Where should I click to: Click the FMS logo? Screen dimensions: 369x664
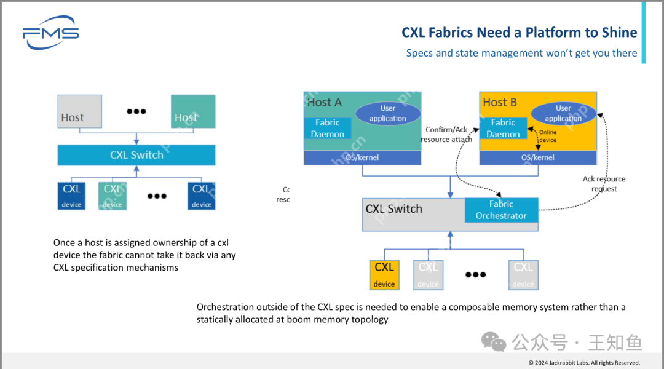click(x=50, y=34)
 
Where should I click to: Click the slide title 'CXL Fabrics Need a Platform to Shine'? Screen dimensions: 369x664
click(x=519, y=33)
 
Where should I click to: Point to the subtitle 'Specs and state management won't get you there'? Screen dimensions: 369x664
click(x=521, y=53)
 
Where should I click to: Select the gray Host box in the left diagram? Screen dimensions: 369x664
click(x=79, y=111)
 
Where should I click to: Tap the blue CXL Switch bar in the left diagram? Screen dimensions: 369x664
click(x=136, y=155)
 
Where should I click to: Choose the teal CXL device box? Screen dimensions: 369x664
click(x=113, y=196)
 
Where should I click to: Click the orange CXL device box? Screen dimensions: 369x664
click(x=384, y=274)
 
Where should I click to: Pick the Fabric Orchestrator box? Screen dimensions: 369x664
click(x=501, y=210)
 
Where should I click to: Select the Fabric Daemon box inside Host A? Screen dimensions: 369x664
click(x=328, y=128)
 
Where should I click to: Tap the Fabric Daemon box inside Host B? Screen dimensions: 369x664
click(x=503, y=128)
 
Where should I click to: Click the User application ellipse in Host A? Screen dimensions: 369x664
click(x=388, y=113)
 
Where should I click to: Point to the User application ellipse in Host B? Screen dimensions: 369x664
click(x=563, y=113)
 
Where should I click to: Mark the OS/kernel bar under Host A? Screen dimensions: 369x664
click(x=362, y=157)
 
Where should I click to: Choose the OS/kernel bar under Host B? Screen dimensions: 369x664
click(x=538, y=157)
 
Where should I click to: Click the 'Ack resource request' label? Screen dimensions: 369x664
click(x=604, y=184)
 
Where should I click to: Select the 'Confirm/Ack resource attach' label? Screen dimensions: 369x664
click(x=446, y=135)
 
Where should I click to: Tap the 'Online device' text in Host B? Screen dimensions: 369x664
click(x=548, y=136)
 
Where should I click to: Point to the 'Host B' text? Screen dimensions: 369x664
click(x=500, y=103)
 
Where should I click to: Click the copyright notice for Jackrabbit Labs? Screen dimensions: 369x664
click(x=584, y=362)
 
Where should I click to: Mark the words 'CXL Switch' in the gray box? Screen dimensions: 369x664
click(x=394, y=209)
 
